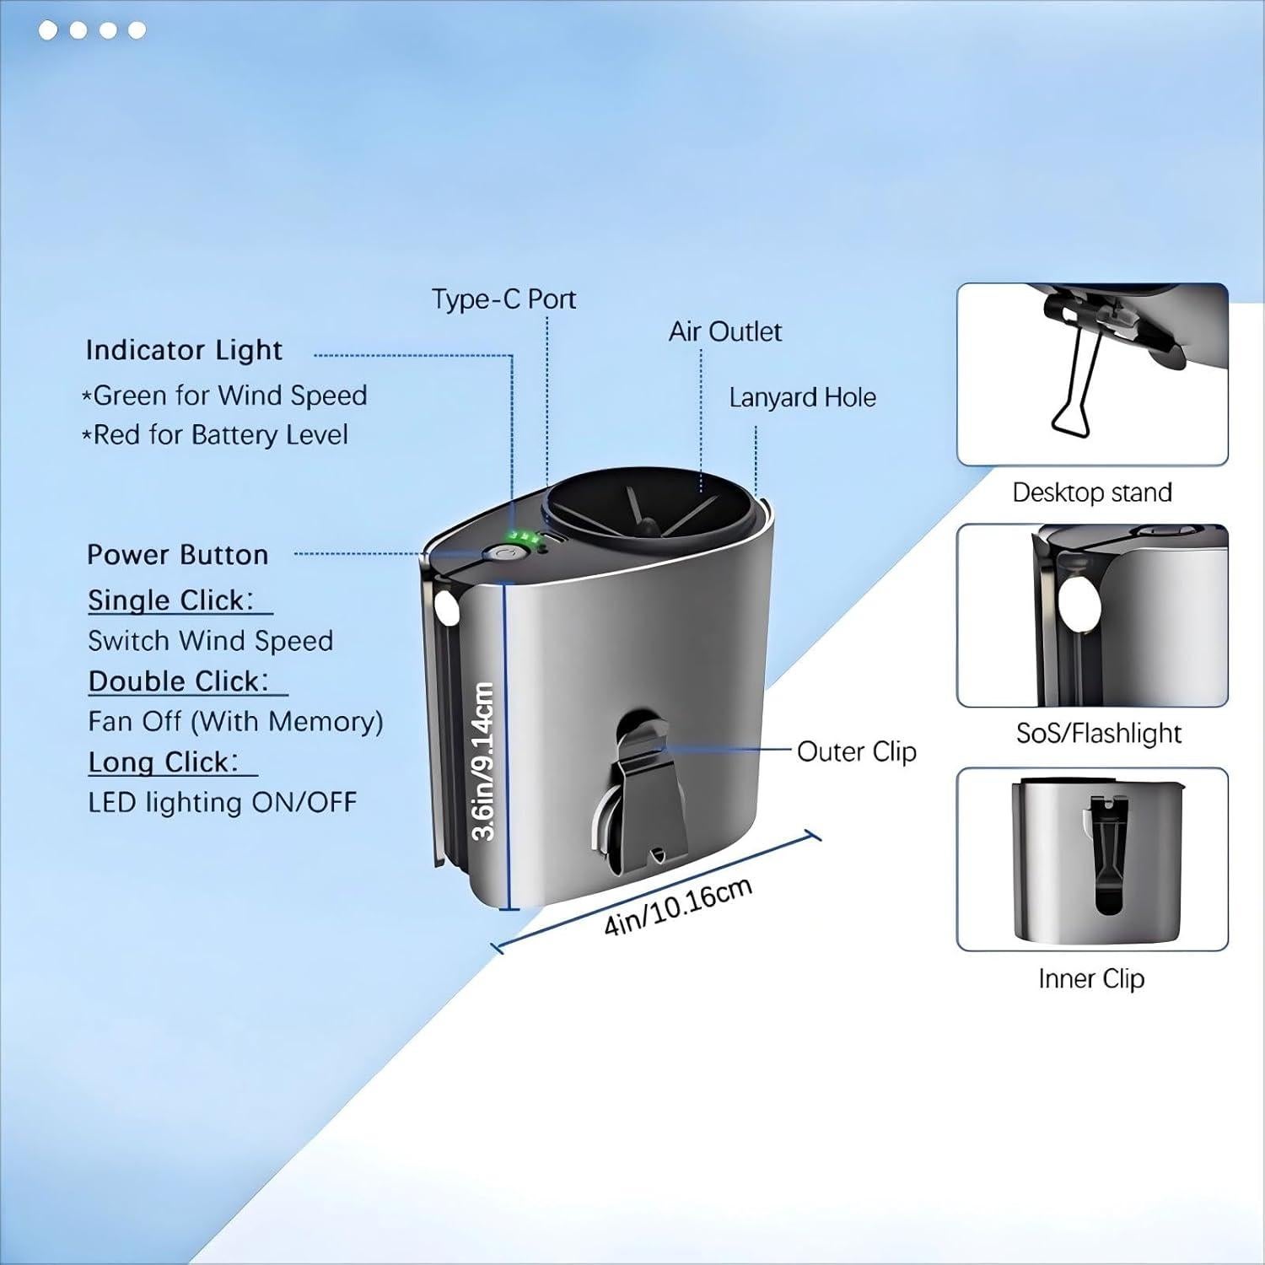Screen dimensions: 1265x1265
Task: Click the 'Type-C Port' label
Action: tap(503, 299)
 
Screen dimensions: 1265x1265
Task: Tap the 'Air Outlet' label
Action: tap(724, 331)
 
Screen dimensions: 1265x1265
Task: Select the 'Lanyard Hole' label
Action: tap(802, 397)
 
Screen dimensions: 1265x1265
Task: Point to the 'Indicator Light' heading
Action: tap(184, 350)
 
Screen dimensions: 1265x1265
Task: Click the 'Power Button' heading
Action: tap(178, 555)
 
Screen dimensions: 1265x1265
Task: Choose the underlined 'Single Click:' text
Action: tap(171, 600)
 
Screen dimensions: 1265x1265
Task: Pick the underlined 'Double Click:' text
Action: tap(179, 681)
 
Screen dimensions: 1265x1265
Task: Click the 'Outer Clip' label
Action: tap(856, 751)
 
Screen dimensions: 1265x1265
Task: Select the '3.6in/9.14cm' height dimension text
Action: tap(482, 761)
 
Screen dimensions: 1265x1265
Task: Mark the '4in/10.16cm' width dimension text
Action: tap(678, 907)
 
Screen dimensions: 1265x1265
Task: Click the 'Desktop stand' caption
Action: tap(1092, 493)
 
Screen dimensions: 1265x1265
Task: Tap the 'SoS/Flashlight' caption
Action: tap(1099, 734)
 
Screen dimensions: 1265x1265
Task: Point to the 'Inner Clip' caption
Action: tap(1091, 978)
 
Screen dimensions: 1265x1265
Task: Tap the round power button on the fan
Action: tap(504, 554)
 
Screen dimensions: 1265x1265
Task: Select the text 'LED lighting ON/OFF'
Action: tap(223, 802)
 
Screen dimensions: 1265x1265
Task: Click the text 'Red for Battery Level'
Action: tap(220, 435)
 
